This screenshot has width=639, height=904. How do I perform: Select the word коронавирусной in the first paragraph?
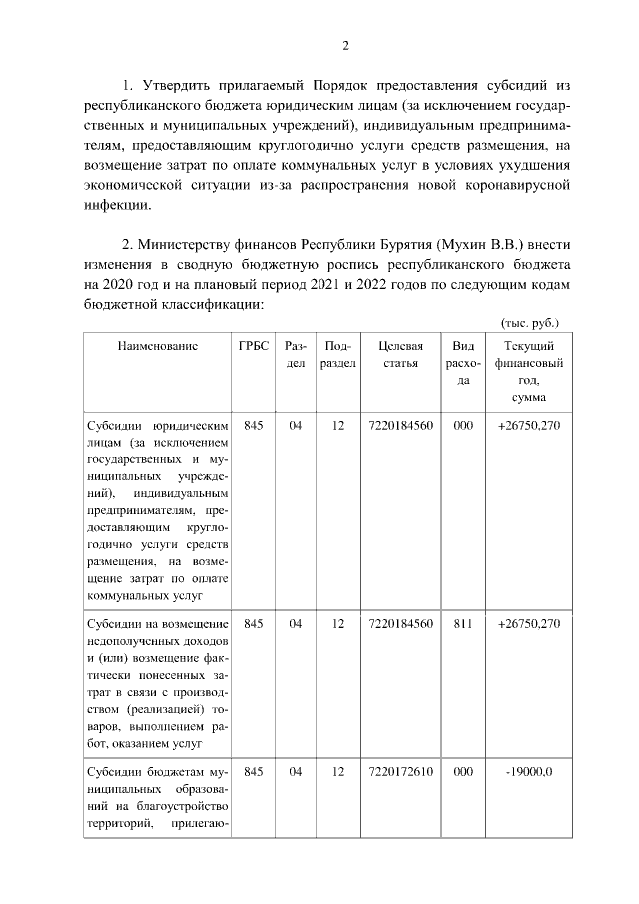[x=519, y=185]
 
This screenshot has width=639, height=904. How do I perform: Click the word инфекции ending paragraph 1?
[x=115, y=205]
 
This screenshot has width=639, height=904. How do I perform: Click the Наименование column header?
[x=157, y=346]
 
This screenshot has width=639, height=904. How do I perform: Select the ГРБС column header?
[x=254, y=346]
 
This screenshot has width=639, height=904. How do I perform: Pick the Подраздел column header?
[x=338, y=354]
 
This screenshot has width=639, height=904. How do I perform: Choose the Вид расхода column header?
[x=463, y=363]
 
